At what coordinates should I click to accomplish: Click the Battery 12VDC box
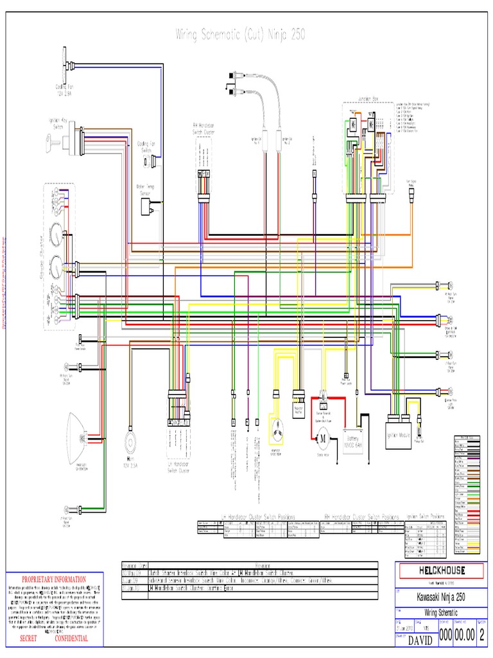pos(354,440)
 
